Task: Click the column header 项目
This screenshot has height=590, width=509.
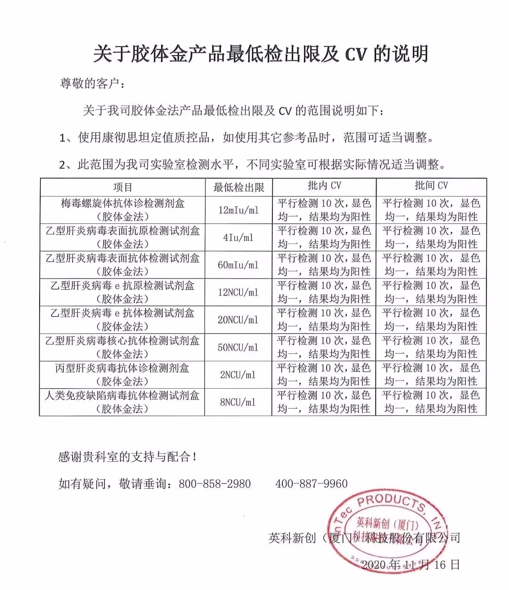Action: [123, 187]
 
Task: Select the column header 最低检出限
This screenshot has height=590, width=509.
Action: [238, 187]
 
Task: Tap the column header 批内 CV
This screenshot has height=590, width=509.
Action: [324, 186]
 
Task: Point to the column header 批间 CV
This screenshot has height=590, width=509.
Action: [431, 186]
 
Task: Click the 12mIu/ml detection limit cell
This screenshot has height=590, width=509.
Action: [238, 210]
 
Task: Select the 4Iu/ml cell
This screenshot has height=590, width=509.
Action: [238, 238]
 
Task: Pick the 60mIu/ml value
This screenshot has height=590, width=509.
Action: [238, 265]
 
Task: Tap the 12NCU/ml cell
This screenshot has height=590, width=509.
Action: [238, 292]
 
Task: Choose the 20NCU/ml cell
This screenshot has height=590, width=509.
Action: [238, 320]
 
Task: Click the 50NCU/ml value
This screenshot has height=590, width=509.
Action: [238, 347]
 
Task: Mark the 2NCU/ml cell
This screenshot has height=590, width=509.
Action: [238, 375]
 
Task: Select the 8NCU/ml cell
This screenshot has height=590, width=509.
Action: [238, 402]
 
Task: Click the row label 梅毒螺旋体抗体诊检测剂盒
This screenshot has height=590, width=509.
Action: [123, 204]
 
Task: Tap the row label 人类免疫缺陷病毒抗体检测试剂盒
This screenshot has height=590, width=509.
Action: [123, 395]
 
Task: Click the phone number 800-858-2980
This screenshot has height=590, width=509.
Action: [215, 484]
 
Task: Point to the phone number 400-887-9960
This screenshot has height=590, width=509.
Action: [312, 484]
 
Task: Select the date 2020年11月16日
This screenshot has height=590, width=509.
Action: [410, 565]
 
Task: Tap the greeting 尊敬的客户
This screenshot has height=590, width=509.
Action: [92, 84]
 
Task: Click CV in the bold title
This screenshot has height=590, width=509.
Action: [355, 54]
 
